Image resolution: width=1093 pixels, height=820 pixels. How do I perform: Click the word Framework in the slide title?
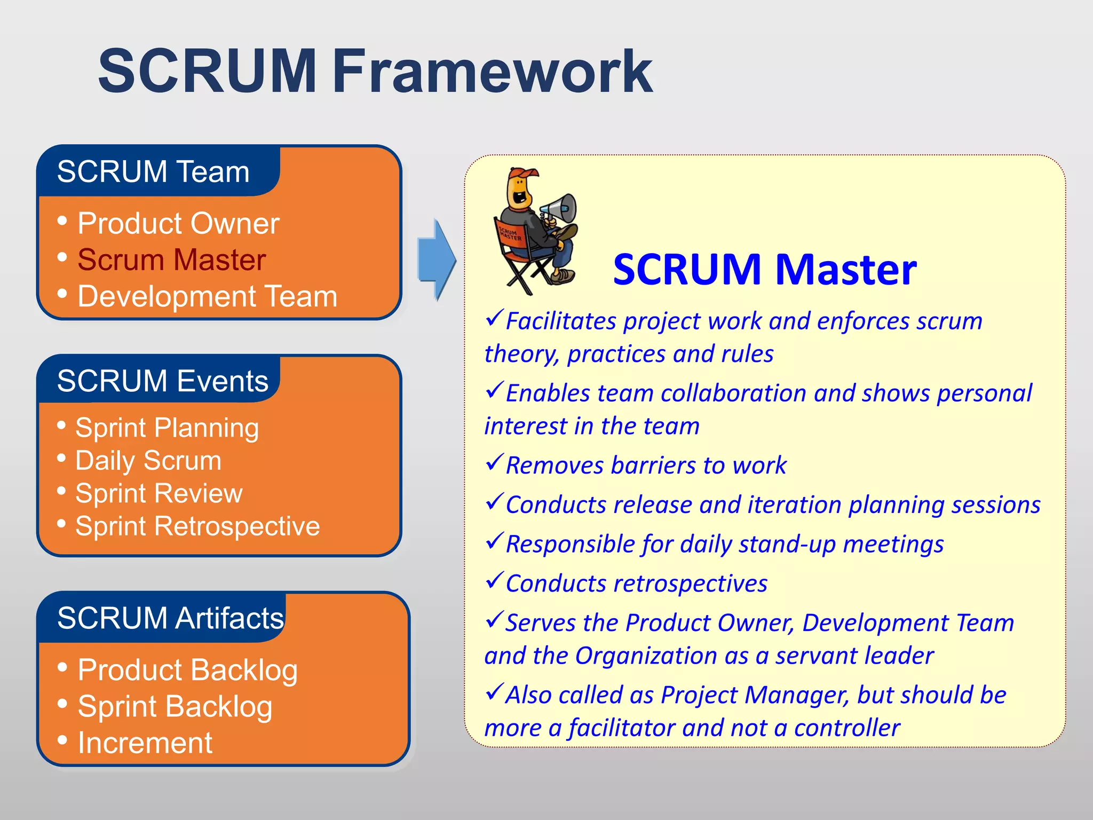[x=492, y=72]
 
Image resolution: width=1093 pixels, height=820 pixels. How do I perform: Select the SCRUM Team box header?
[x=153, y=172]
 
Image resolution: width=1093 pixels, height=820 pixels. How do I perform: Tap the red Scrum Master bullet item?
[x=171, y=260]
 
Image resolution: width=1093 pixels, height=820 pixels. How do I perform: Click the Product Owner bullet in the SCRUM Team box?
[x=178, y=223]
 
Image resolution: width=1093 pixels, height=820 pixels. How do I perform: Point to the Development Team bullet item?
[x=207, y=296]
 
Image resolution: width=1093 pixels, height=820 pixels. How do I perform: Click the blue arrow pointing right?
[x=437, y=260]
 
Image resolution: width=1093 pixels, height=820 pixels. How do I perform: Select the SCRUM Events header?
[x=162, y=381]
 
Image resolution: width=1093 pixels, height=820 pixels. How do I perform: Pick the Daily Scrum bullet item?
[x=148, y=461]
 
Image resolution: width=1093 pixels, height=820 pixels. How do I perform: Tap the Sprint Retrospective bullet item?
[x=197, y=526]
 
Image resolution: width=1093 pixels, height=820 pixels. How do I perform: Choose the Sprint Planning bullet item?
[x=167, y=428]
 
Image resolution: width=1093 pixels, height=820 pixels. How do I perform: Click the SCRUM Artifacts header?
[x=170, y=618]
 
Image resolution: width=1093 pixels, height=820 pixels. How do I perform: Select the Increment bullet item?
[x=145, y=743]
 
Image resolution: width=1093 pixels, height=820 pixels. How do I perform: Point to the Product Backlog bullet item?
[x=187, y=670]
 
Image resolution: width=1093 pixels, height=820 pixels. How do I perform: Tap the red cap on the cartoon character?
[x=524, y=174]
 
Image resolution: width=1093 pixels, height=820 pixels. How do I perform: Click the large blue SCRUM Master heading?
[x=764, y=270]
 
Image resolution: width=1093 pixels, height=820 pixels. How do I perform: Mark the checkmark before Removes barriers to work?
[x=495, y=462]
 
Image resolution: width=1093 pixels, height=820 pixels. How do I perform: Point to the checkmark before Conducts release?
[x=495, y=501]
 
